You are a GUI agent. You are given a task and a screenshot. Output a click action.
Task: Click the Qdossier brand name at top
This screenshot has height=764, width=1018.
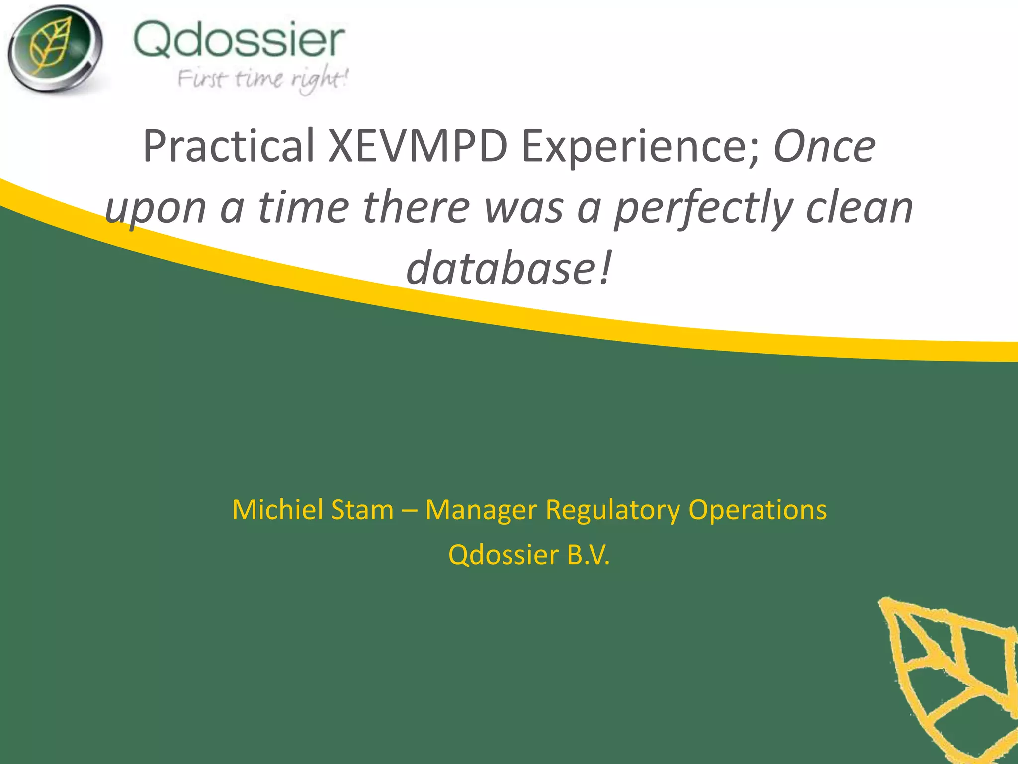[x=239, y=40]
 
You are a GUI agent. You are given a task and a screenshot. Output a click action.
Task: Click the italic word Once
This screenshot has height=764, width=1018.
[x=824, y=147]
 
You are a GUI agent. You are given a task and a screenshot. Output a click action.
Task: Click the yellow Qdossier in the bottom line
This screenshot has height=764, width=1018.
[x=503, y=555]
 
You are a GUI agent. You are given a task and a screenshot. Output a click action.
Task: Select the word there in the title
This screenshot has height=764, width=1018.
[x=417, y=208]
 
